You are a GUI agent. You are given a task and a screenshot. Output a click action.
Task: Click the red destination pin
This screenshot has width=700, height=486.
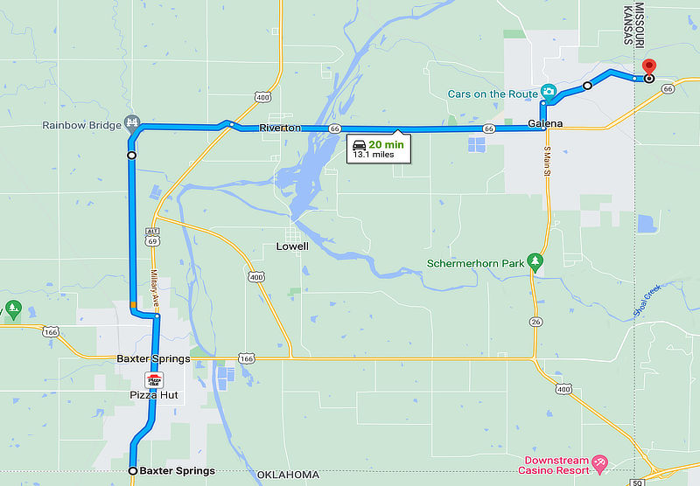(x=648, y=66)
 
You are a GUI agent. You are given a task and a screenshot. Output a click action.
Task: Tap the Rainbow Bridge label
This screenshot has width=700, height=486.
(x=81, y=125)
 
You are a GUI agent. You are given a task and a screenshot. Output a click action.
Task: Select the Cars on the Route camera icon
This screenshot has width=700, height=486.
(x=549, y=91)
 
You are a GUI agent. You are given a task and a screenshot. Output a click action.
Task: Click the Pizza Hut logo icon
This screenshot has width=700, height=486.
(x=155, y=380)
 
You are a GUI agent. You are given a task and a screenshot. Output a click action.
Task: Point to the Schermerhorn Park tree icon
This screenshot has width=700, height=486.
(x=535, y=260)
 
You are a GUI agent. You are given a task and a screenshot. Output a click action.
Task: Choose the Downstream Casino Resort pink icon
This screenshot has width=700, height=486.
(x=599, y=461)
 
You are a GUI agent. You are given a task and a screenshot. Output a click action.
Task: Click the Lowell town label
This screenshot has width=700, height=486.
(x=292, y=246)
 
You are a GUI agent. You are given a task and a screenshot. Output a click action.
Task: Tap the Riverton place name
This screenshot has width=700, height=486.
(x=280, y=128)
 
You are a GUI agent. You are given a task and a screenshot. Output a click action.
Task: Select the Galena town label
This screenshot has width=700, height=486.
(x=545, y=123)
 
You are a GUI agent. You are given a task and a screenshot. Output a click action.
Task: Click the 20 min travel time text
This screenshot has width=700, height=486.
(x=386, y=144)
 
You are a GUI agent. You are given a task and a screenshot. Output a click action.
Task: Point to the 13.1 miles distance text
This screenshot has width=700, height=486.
(x=374, y=155)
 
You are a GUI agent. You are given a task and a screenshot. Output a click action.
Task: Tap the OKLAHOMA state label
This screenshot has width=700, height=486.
(x=288, y=475)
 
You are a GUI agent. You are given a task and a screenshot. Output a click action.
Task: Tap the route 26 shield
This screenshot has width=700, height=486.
(x=534, y=322)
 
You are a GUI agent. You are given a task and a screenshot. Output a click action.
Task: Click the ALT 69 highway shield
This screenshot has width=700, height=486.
(x=153, y=235)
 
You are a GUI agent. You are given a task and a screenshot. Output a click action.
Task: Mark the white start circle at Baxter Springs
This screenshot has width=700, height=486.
(x=133, y=471)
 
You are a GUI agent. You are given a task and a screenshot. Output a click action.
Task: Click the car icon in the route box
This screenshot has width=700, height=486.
(x=359, y=144)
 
